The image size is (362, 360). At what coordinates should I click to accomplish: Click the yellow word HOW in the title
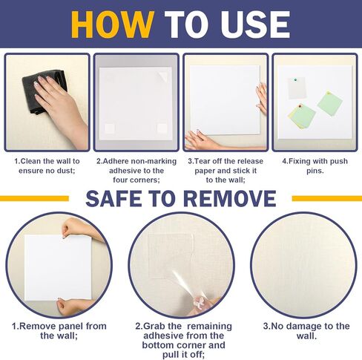pyautogui.click(x=113, y=24)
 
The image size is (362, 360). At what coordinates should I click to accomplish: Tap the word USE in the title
pyautogui.click(x=255, y=24)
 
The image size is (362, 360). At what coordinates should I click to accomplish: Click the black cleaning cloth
pyautogui.click(x=45, y=91)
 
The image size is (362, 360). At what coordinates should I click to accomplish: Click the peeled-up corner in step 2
pyautogui.click(x=163, y=76)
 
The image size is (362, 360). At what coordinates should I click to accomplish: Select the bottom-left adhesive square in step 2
pyautogui.click(x=110, y=128)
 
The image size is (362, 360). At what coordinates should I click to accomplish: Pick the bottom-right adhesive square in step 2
pyautogui.click(x=162, y=128)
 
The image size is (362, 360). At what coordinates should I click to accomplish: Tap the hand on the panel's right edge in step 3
pyautogui.click(x=262, y=98)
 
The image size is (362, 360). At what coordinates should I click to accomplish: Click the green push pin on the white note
pyautogui.click(x=295, y=80)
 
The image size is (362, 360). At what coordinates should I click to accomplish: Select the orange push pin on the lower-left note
pyautogui.click(x=300, y=106)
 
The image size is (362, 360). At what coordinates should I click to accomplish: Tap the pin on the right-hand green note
pyautogui.click(x=329, y=94)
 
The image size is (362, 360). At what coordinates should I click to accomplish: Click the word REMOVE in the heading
pyautogui.click(x=230, y=198)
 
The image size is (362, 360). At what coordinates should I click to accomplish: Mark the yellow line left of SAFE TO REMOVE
pyautogui.click(x=34, y=198)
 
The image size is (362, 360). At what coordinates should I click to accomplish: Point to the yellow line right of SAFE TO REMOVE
pyautogui.click(x=327, y=198)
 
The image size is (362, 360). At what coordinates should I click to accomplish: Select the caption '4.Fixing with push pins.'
pyautogui.click(x=315, y=166)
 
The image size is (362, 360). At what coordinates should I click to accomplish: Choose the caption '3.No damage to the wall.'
pyautogui.click(x=306, y=331)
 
